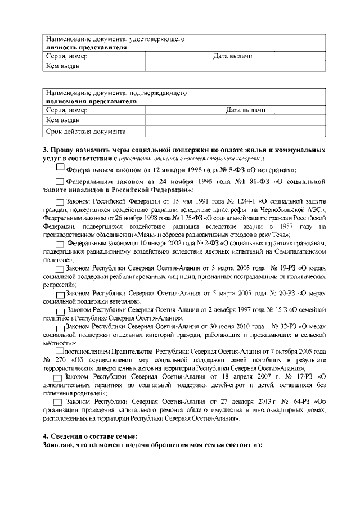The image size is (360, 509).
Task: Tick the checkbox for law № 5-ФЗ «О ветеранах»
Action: pyautogui.click(x=61, y=167)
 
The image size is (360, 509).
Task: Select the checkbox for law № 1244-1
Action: pyautogui.click(x=60, y=201)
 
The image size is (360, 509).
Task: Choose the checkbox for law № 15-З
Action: pyautogui.click(x=61, y=310)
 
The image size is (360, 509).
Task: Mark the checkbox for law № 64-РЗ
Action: pyautogui.click(x=57, y=403)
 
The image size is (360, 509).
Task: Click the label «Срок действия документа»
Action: pyautogui.click(x=85, y=132)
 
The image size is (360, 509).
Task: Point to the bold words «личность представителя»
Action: pyautogui.click(x=85, y=48)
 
